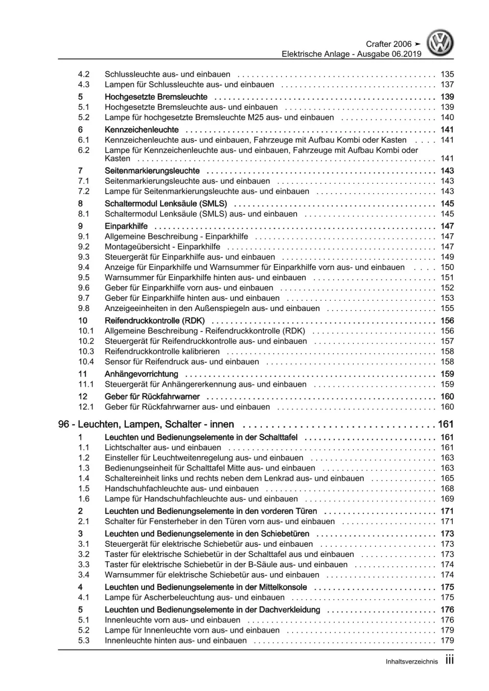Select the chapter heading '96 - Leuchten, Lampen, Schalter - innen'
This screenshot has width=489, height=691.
[146, 424]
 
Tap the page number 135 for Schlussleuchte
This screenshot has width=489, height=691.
[447, 74]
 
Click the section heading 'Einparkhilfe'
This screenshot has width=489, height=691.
[126, 226]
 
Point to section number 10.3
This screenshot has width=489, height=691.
[86, 351]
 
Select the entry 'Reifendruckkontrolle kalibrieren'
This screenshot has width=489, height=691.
[162, 351]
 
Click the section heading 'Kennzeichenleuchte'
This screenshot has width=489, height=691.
[141, 130]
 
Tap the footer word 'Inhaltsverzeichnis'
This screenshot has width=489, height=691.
[412, 662]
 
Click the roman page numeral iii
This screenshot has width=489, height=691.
[449, 660]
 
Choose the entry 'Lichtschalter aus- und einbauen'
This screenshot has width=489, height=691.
[163, 447]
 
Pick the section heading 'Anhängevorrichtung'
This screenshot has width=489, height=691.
[141, 374]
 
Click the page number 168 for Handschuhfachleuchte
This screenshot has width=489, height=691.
[447, 489]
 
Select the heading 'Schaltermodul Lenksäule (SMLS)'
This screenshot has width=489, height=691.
[165, 203]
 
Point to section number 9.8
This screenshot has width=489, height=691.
[84, 308]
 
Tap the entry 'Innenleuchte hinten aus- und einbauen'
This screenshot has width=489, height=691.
[175, 640]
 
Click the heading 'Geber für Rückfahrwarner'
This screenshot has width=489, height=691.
[152, 397]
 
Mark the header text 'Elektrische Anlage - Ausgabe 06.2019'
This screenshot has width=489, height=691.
[351, 54]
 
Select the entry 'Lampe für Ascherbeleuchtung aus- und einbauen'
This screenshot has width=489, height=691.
[194, 597]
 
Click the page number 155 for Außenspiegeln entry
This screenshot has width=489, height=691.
[447, 308]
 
